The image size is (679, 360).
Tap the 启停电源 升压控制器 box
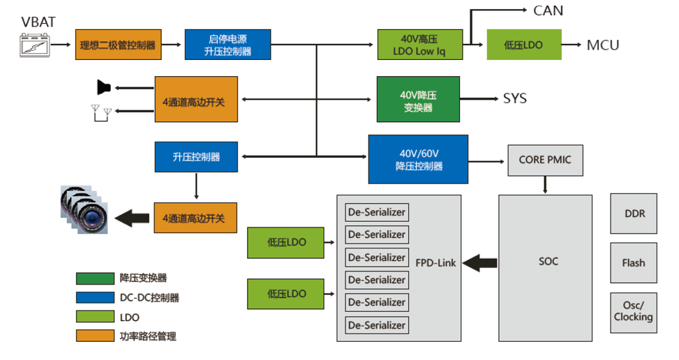coord(227,45)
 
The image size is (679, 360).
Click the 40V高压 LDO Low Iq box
coord(420,45)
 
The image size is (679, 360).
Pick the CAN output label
coord(548,10)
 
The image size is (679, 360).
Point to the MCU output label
coord(602,45)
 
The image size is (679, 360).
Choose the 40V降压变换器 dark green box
coord(418,99)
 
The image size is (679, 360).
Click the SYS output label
coord(515,98)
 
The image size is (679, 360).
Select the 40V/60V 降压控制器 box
coord(418,159)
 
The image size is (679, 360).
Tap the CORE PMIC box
coord(545,160)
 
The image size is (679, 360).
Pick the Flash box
coord(634,263)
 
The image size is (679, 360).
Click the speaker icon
coord(104,87)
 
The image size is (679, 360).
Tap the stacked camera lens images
coord(84,209)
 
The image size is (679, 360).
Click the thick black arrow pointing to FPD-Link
coord(480,263)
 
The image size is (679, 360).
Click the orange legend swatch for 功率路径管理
coord(95,336)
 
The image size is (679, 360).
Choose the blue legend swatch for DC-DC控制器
coord(95,298)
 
